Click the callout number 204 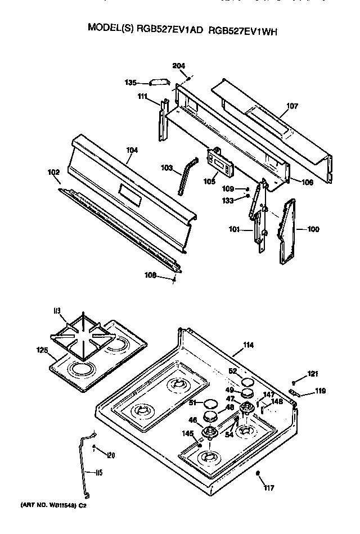(179, 66)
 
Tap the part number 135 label (130, 83)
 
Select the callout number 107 (292, 106)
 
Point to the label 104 (132, 151)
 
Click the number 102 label (54, 173)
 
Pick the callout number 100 (313, 229)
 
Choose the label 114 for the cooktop (248, 345)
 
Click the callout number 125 (42, 351)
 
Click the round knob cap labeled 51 (210, 404)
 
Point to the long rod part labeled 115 (84, 461)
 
